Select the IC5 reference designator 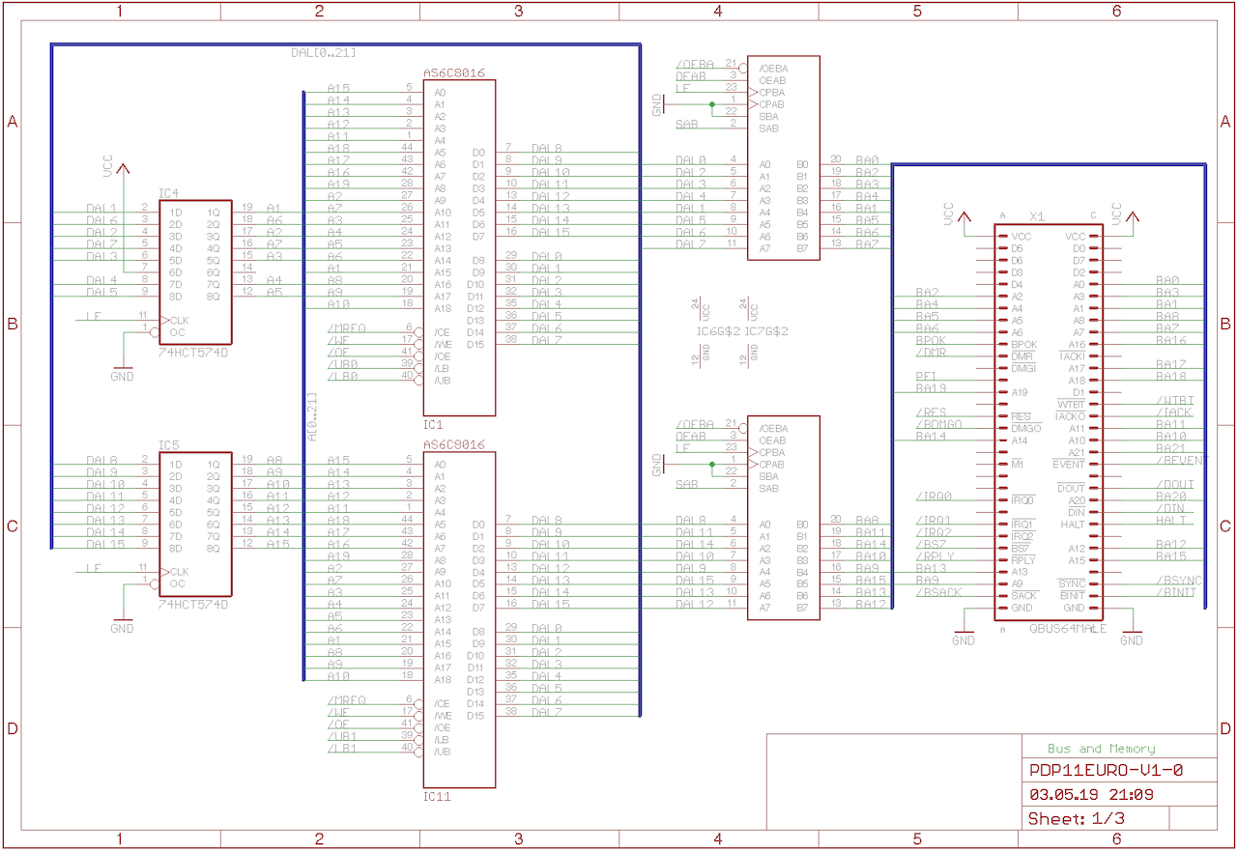point(169,445)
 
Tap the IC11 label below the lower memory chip point(437,797)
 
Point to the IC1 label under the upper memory point(433,424)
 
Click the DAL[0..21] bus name point(323,52)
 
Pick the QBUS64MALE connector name point(1067,629)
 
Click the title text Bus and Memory point(1101,749)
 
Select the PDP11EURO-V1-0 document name point(1106,771)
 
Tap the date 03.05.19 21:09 point(1092,795)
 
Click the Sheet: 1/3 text point(1076,819)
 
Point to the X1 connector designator point(1037,215)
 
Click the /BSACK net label point(938,592)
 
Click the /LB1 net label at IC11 point(343,748)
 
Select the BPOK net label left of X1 point(931,340)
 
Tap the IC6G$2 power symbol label point(718,331)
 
